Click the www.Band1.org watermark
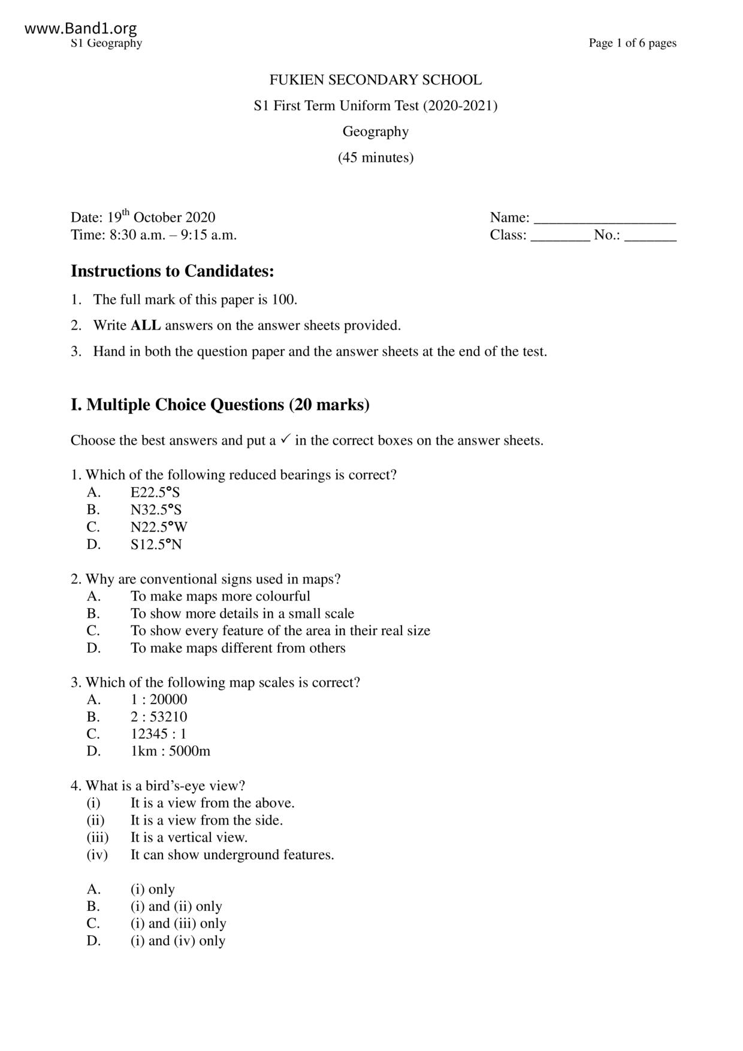coord(81,28)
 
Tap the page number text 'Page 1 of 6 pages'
coord(632,43)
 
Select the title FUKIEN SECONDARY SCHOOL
coord(375,80)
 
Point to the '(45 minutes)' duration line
coord(375,158)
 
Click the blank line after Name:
coord(605,219)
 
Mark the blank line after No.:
coord(650,237)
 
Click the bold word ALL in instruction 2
coord(146,325)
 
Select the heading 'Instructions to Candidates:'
coord(173,271)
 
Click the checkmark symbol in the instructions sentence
coord(285,439)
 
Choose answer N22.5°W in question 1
coord(159,527)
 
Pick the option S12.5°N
coord(156,545)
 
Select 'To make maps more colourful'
coord(221,596)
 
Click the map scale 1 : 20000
coord(159,700)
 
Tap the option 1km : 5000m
coord(170,751)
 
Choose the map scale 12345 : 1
coord(158,734)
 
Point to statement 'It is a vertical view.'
coord(189,838)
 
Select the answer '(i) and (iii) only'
coord(178,923)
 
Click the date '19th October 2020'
coord(161,217)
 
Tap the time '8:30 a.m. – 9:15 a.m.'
coord(173,235)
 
